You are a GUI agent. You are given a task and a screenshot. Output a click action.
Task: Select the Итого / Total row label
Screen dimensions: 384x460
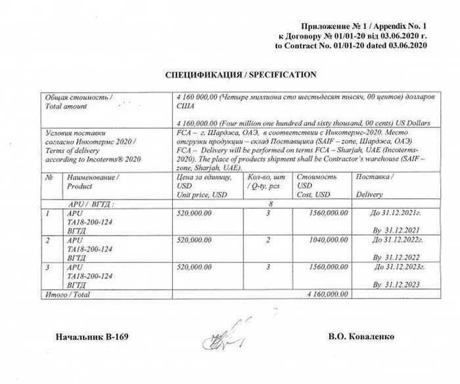65,295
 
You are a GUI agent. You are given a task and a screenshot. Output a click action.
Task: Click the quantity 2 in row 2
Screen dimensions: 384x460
268,240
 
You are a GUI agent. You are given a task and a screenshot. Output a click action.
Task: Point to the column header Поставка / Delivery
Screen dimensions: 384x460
375,186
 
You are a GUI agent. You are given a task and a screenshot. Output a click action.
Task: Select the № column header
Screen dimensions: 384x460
49,177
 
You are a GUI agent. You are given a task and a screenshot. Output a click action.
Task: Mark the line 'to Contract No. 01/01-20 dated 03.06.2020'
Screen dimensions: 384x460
352,46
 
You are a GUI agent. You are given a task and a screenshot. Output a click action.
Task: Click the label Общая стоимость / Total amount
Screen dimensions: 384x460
78,101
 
